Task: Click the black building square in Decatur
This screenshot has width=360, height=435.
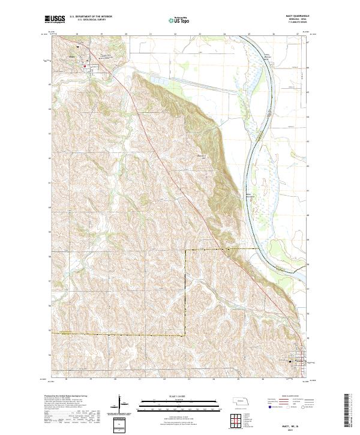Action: coord(291,361)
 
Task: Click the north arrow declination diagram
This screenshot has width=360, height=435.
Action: coord(119,406)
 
